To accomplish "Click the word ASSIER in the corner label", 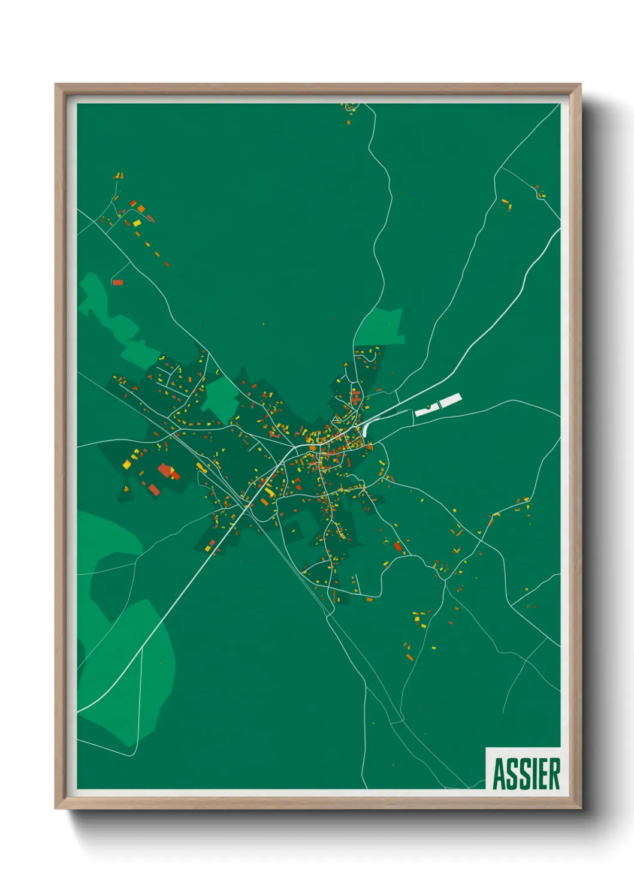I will pos(526,774).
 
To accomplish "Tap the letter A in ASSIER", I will pos(499,774).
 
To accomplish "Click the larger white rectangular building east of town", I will pos(451,400).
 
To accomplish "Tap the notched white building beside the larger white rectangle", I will pos(427,409).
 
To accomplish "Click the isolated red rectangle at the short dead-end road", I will pos(117,282).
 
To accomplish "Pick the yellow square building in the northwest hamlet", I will pos(137,224).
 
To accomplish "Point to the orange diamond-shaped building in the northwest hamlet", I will pos(141,209).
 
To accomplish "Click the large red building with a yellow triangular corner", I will pos(166,470).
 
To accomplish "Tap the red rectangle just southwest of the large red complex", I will pos(154,490).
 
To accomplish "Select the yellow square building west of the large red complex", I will pos(127,463).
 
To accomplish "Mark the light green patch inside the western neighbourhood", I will pos(221,396).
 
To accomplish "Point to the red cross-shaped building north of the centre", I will pos(356,396).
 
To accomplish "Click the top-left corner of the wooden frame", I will pos(56,85).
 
